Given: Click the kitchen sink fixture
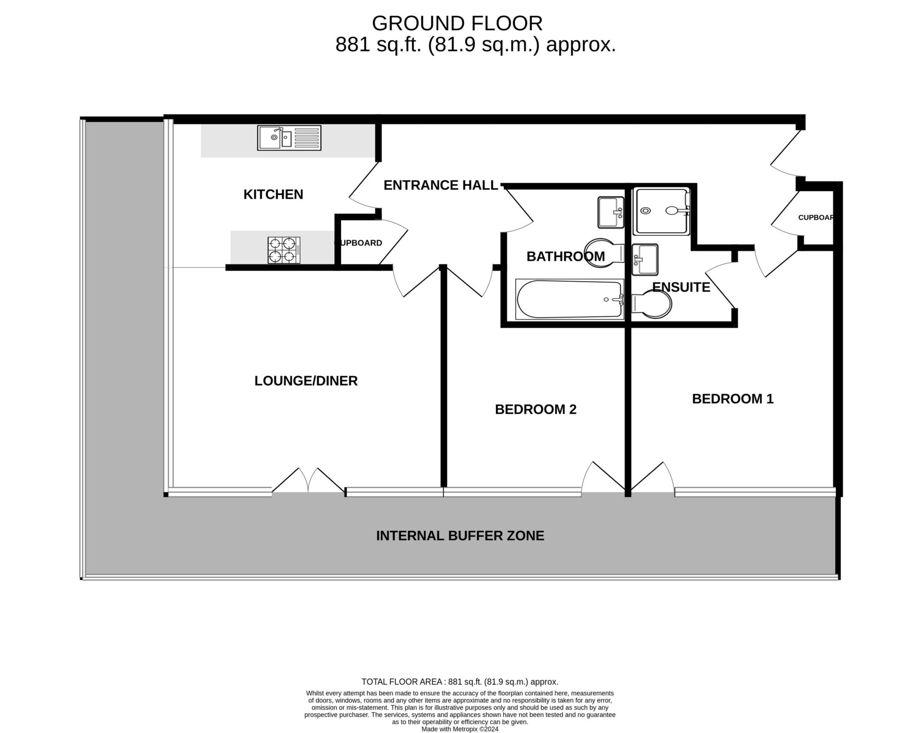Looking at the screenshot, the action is tap(289, 138).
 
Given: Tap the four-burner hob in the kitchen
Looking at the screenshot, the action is tap(284, 250).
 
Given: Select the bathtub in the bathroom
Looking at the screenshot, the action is tap(570, 299).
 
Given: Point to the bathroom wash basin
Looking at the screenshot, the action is tap(611, 212).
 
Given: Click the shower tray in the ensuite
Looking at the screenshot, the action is tap(661, 211).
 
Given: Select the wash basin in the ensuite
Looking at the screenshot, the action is tap(645, 259).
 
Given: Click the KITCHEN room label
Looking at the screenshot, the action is tap(273, 194).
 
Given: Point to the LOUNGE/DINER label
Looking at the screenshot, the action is tap(306, 381).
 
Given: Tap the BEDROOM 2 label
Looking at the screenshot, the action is tap(535, 409).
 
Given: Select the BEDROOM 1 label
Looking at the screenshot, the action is tap(733, 399).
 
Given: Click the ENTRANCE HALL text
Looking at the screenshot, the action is tap(441, 185).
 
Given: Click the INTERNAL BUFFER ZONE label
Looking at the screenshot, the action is tap(460, 535).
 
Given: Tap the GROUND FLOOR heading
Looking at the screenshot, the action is tap(457, 23).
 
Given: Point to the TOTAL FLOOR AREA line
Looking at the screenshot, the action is tap(460, 681).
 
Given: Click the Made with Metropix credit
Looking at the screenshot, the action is tap(460, 729).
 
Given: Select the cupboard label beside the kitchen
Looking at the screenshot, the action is tap(358, 243).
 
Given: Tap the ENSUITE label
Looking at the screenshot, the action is tap(681, 287).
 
